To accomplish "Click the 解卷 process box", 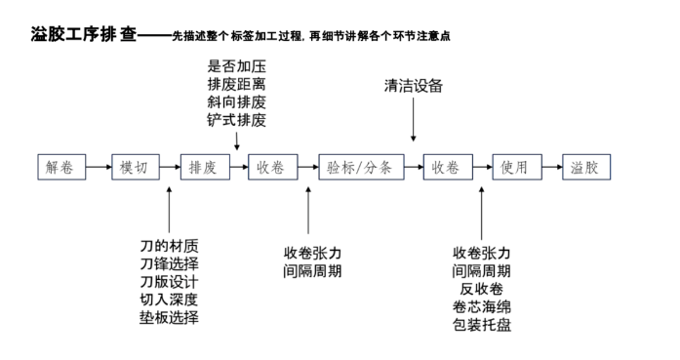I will click(60, 167).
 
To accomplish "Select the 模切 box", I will click(134, 167).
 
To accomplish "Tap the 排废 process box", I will click(202, 167).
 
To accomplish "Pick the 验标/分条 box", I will click(359, 167).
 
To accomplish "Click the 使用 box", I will click(514, 167).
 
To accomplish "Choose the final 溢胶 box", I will click(585, 167).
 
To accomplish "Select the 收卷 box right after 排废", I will click(271, 167).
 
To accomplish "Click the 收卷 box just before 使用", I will click(446, 167).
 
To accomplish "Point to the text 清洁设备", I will click(414, 86).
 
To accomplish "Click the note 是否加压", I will click(236, 66).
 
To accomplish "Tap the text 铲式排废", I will click(236, 120).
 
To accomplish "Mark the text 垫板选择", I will click(170, 317).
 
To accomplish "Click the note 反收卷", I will click(482, 289).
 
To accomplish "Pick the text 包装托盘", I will click(482, 324).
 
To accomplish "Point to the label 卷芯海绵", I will click(482, 306).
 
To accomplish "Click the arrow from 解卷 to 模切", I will click(97, 167).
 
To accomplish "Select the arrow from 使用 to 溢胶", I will click(550, 167).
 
